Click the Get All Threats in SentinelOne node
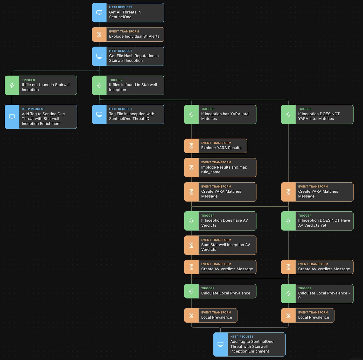[128, 13]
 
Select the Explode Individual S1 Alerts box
[128, 34]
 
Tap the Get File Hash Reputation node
[128, 56]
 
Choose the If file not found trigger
[41, 85]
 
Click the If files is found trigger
[128, 85]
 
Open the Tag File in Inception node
[128, 114]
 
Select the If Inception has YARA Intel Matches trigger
[220, 114]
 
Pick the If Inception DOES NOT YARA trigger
[317, 114]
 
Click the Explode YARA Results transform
[215, 146]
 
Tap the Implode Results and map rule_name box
[220, 168]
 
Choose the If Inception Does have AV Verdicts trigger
[220, 221]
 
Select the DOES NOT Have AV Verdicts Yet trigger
[317, 221]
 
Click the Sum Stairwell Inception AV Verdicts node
[220, 245]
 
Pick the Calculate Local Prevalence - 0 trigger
[317, 293]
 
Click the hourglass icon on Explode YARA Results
[191, 146]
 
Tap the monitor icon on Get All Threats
[99, 13]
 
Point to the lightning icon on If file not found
[12, 85]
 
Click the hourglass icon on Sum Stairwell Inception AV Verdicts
[191, 245]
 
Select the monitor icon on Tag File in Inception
[99, 114]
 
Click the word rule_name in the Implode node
[211, 172]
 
